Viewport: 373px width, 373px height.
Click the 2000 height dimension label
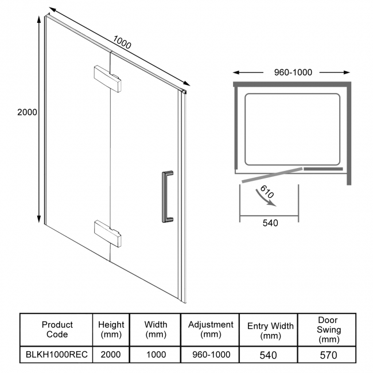coord(27,112)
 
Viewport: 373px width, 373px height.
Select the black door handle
coord(168,195)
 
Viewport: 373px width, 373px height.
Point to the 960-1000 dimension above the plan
coord(293,72)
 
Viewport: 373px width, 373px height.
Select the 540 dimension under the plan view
coord(269,223)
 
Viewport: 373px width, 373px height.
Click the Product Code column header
coord(57,330)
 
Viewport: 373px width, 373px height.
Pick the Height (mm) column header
coord(111,330)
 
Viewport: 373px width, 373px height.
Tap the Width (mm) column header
coord(155,330)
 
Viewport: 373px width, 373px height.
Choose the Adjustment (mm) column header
coord(211,330)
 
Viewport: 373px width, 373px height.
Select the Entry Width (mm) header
coord(270,330)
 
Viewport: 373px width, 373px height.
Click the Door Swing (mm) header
coord(328,330)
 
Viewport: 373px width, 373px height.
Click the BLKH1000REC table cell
coord(57,355)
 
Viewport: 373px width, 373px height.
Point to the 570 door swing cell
coord(328,355)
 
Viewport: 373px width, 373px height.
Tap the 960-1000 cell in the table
coord(211,355)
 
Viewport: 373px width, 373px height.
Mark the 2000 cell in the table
coord(111,355)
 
